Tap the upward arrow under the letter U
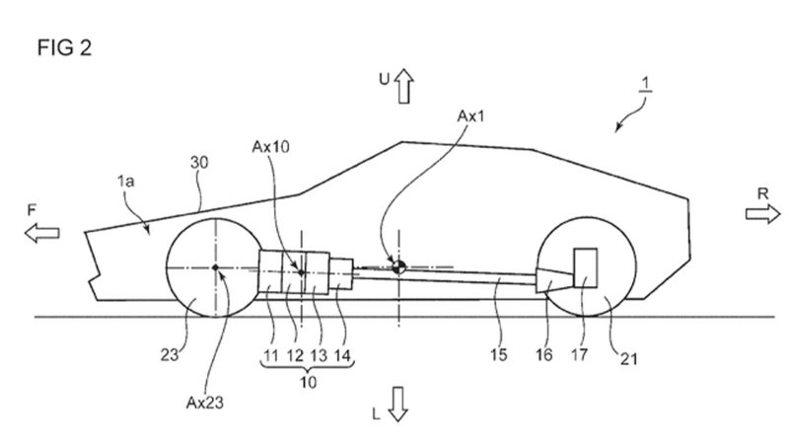402,91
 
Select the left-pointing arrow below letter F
43,233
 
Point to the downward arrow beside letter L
399,405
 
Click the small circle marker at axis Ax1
397,264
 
